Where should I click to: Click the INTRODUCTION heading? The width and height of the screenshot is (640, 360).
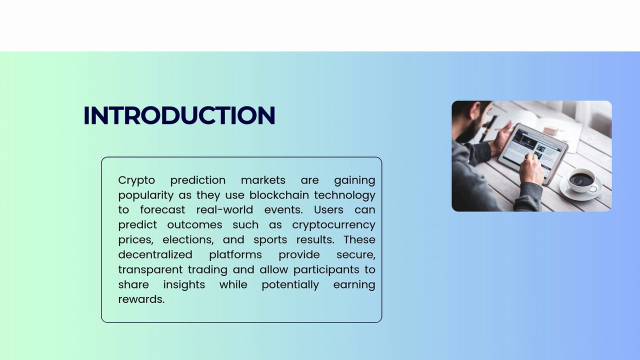[179, 115]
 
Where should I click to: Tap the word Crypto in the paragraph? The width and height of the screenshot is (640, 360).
[136, 180]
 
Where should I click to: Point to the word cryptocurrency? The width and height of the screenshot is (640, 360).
[333, 225]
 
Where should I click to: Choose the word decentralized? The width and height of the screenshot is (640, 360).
[155, 255]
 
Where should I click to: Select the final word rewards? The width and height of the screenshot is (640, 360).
[141, 299]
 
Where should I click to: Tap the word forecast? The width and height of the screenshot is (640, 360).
[162, 210]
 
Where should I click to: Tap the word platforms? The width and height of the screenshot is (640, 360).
[235, 255]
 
